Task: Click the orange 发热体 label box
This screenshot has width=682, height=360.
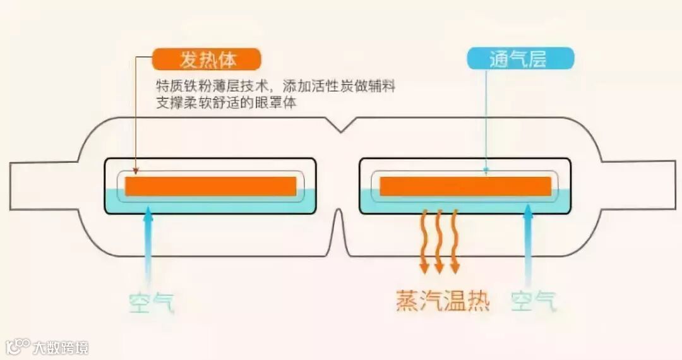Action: [x=206, y=59]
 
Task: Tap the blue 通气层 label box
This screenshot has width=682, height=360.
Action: [x=520, y=59]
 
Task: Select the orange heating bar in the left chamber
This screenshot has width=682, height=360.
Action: [x=210, y=186]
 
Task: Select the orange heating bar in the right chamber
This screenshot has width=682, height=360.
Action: [x=465, y=186]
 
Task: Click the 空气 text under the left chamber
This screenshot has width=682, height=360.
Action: [x=150, y=302]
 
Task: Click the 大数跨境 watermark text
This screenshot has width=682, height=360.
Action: [x=61, y=347]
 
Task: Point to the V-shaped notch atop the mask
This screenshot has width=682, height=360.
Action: [x=341, y=126]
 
